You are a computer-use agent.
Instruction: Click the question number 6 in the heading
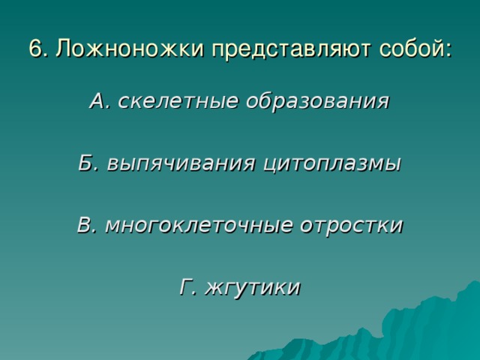[x=35, y=48]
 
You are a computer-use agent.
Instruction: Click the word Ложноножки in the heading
[x=130, y=48]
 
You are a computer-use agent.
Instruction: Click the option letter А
[x=98, y=100]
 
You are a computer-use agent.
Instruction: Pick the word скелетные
[x=178, y=100]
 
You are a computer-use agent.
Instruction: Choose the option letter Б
[x=86, y=163]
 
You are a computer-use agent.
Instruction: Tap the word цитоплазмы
[x=332, y=165]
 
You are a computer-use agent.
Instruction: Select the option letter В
[x=85, y=225]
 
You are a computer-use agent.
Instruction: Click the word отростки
[x=352, y=226]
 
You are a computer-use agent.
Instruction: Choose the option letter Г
[x=187, y=286]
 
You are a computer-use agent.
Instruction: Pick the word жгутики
[x=253, y=288]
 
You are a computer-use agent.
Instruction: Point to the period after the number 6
[x=45, y=55]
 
